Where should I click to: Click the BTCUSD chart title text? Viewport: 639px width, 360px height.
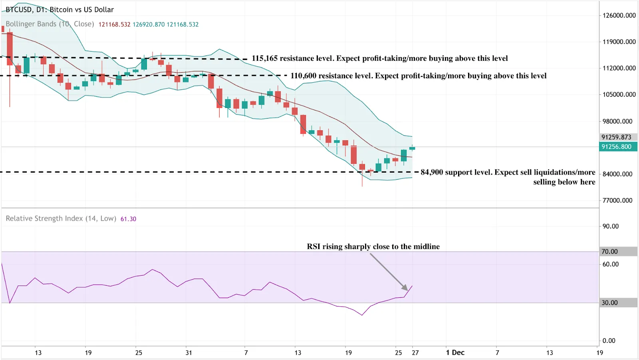coord(60,10)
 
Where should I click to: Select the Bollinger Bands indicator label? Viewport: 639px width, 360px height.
coord(50,24)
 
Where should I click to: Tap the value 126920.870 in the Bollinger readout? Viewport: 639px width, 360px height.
coord(149,24)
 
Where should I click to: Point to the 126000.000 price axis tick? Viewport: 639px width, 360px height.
coord(619,16)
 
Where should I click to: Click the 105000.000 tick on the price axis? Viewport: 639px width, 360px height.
coord(619,95)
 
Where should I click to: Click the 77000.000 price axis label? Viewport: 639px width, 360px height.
coord(617,201)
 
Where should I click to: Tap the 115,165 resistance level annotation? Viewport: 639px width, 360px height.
coord(379,58)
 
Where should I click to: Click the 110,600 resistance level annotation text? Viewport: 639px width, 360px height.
coord(418,76)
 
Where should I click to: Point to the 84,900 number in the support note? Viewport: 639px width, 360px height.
coord(432,172)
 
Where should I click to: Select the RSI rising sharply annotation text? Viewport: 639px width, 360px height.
coord(373,247)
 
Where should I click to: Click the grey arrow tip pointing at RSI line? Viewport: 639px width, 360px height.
coord(407,289)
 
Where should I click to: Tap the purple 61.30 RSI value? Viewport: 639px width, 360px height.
coord(128,219)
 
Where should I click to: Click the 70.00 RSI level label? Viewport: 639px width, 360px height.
coord(609,251)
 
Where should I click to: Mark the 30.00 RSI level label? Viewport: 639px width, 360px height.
coord(609,302)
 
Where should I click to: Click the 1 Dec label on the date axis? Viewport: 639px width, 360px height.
coord(455,352)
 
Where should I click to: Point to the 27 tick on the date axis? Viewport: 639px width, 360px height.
coord(415,352)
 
